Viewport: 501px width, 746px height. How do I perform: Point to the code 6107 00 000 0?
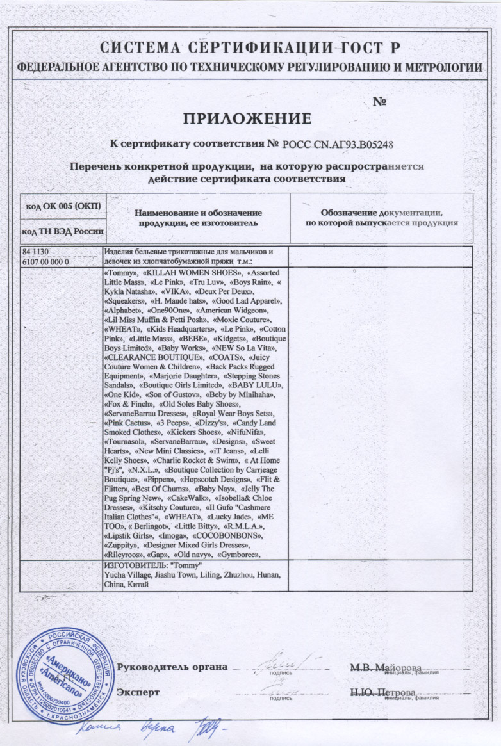click(46, 261)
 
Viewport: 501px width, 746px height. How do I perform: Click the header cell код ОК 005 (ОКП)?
click(63, 206)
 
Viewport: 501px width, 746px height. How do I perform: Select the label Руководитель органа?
click(172, 666)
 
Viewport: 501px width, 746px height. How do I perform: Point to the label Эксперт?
click(138, 693)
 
